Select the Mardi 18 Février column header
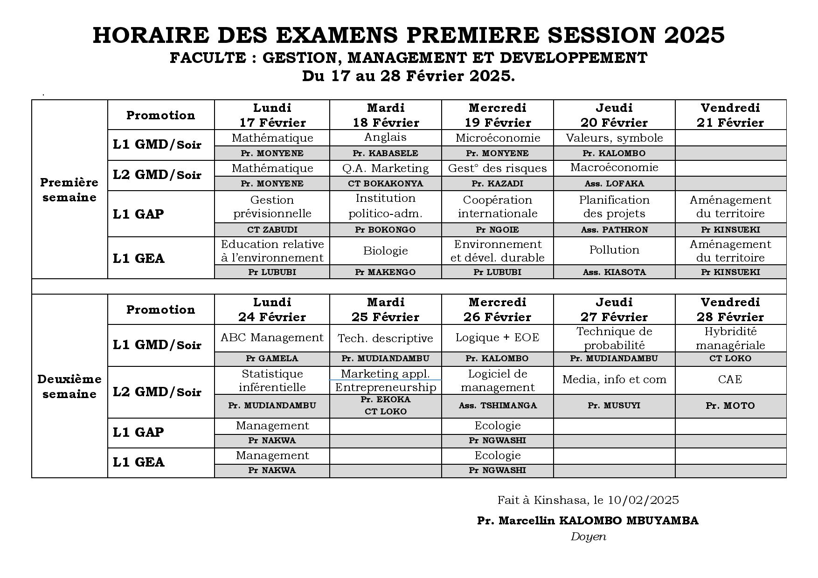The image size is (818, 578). (x=386, y=115)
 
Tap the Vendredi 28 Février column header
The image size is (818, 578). (x=730, y=310)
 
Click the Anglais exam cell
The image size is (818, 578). (x=386, y=137)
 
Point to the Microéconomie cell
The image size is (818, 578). (x=498, y=138)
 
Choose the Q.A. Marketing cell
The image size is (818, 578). (x=386, y=168)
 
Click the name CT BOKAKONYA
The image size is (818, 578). (x=386, y=184)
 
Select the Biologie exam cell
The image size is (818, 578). (x=386, y=251)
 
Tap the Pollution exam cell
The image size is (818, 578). (x=614, y=250)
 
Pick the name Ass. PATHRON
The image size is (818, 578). (x=614, y=230)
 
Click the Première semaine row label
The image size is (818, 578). (x=69, y=190)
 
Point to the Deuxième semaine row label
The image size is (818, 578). (x=69, y=386)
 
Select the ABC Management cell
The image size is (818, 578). (x=272, y=337)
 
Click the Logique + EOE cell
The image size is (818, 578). (x=498, y=337)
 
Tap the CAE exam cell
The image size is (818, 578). (x=730, y=379)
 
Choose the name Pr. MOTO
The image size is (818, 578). (x=730, y=406)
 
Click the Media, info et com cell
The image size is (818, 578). (x=614, y=379)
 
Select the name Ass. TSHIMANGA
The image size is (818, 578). (x=498, y=406)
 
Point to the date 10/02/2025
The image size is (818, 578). (x=644, y=500)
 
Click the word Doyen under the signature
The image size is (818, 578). (x=588, y=537)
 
